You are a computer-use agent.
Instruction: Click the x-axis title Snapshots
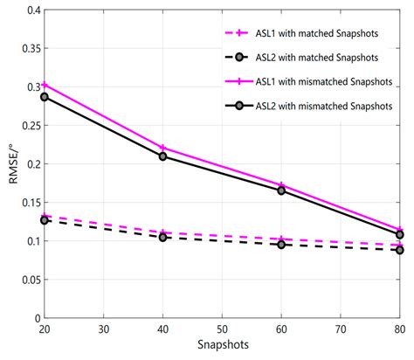coord(222,347)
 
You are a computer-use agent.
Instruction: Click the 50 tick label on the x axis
coord(222,330)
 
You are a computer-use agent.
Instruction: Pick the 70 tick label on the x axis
coord(341,330)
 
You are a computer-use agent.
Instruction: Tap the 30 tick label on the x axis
coord(104,330)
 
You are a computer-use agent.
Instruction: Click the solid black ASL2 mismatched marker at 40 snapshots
coord(163,156)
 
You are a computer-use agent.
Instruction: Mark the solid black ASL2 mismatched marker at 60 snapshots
coord(281,190)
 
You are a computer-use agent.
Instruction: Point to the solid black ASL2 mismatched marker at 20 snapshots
coord(45,97)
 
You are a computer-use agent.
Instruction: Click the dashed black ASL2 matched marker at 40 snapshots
coord(163,237)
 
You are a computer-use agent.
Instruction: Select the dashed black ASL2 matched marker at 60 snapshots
coord(281,245)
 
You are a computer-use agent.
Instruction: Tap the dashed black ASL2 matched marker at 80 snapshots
coord(399,250)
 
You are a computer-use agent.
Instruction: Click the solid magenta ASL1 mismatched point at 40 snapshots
coord(163,148)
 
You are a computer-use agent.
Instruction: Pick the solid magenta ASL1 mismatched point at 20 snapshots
coord(45,85)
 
